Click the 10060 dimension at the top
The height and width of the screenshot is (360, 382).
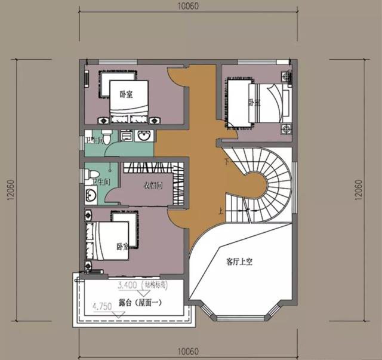188,7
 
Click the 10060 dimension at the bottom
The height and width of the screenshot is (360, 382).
188,349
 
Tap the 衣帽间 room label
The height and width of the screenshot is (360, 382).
153,185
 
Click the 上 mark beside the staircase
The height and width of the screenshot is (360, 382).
221,210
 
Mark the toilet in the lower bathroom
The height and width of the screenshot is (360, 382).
95,174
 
